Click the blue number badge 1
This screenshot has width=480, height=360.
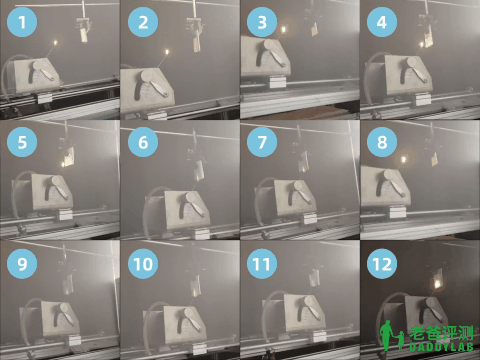pos(22,22)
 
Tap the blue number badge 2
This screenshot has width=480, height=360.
pos(143,22)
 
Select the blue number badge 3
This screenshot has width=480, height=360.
pos(262,22)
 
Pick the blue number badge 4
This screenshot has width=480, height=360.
pos(382,22)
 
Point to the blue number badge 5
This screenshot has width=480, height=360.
pos(22,142)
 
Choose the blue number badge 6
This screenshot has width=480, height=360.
pos(143,142)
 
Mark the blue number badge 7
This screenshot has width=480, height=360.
pos(262,142)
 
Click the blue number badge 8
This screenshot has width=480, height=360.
pos(382,142)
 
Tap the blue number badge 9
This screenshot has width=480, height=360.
pos(22,264)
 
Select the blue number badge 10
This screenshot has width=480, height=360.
pos(143,264)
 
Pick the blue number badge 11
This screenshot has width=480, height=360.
pos(262,264)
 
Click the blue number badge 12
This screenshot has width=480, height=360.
pos(382,264)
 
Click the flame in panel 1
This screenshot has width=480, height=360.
pos(56,42)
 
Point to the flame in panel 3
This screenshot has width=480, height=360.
pos(284,29)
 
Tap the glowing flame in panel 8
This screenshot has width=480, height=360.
pos(404,160)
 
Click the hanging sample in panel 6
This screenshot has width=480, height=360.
pos(200,170)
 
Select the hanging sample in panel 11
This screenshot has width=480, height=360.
pos(314,277)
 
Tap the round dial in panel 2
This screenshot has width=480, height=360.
pos(147,76)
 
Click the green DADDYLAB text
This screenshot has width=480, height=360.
pos(441,346)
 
